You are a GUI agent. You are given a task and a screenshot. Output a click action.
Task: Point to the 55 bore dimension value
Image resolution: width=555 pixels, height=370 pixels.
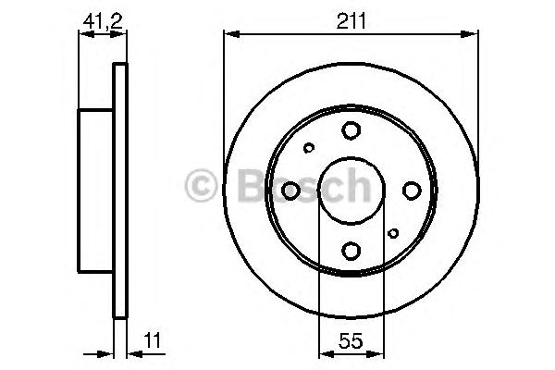[351, 339]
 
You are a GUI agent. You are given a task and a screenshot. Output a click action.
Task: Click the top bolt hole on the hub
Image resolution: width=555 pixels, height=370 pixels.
[351, 130]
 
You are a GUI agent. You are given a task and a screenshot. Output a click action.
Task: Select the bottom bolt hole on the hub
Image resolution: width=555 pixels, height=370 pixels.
[351, 249]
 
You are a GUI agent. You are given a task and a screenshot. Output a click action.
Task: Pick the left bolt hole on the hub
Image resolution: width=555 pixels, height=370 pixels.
[291, 190]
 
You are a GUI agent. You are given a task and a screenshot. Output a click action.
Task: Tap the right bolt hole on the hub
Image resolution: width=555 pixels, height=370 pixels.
[411, 190]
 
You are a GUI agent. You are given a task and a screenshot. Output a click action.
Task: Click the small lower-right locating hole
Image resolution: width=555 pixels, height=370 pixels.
[394, 233]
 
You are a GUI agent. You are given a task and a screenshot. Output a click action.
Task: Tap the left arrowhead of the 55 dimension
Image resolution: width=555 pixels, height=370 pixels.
[324, 352]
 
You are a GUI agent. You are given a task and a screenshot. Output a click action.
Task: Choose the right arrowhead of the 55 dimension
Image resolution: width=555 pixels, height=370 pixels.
[379, 352]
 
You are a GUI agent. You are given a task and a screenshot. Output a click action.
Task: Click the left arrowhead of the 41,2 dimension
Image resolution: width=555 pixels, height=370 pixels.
[84, 34]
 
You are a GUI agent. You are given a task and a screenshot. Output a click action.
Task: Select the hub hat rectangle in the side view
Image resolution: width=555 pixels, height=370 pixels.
[95, 190]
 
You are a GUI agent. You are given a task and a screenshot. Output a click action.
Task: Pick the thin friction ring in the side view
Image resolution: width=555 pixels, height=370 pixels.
[118, 190]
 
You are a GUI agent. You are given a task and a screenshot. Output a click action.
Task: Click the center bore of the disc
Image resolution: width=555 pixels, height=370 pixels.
[351, 190]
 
